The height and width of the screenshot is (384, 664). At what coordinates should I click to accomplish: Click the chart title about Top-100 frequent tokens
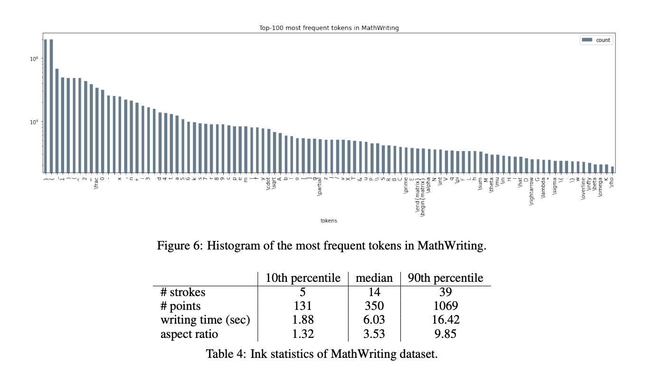(329, 28)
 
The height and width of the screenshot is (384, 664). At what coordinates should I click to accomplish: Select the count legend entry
(597, 40)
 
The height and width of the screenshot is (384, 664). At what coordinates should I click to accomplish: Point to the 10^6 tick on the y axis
(34, 59)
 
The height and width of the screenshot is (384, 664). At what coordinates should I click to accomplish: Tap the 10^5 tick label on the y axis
(34, 122)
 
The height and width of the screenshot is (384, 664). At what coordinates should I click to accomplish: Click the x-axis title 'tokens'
(329, 221)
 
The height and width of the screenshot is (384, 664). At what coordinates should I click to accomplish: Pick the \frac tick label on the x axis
(97, 183)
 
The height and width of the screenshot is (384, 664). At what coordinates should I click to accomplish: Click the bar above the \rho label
(612, 170)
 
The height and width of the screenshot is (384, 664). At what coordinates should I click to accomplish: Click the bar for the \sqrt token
(275, 153)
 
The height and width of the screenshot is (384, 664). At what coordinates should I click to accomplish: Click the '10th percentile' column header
(303, 278)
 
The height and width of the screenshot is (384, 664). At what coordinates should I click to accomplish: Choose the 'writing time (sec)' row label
(205, 320)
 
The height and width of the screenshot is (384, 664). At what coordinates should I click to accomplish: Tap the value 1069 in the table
(445, 306)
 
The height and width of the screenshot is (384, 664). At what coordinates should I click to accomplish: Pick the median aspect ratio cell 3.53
(374, 334)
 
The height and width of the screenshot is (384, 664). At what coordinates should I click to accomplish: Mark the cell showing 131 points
(303, 306)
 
